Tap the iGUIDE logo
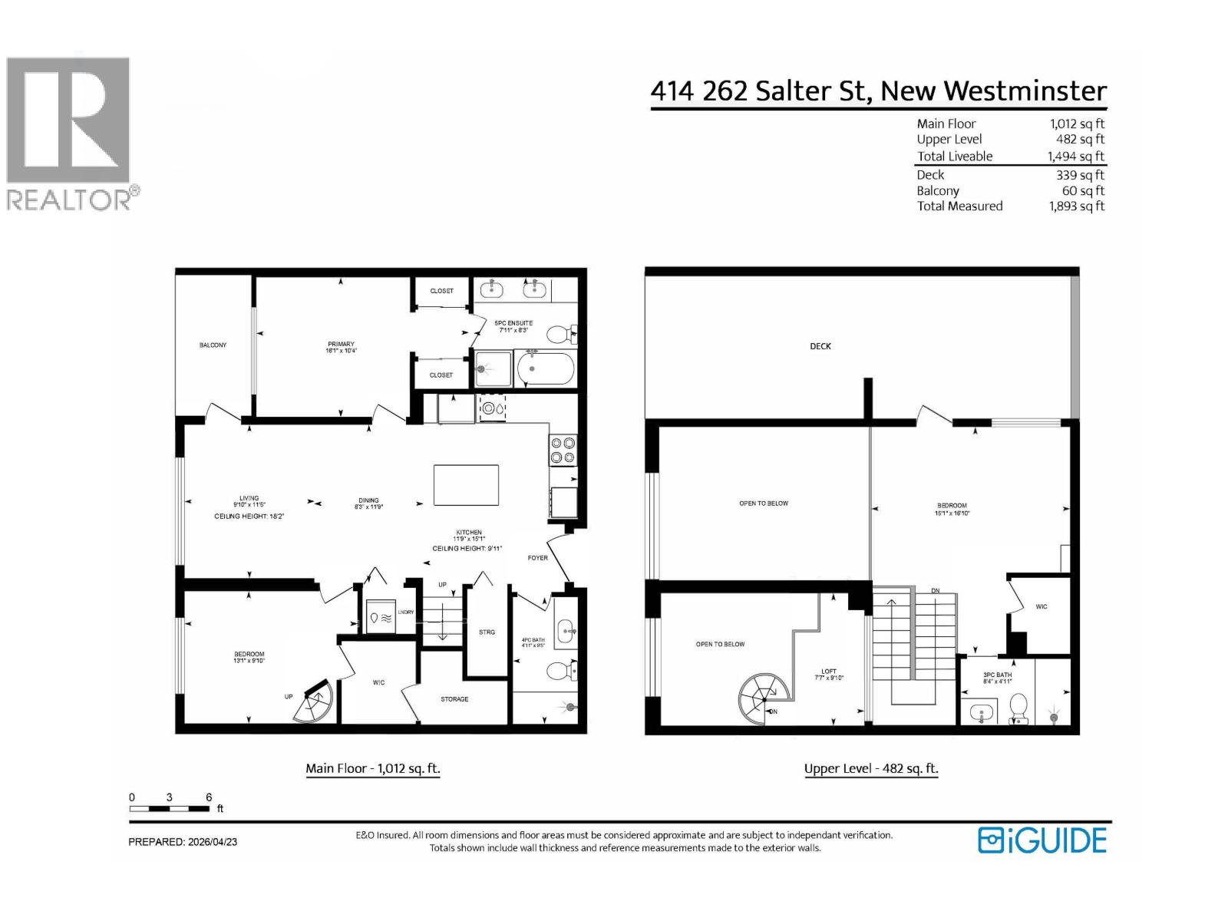(x=1041, y=840)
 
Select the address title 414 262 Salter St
(x=878, y=91)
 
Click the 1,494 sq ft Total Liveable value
(x=1076, y=157)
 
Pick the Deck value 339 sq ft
(x=1080, y=175)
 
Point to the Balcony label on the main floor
(x=213, y=345)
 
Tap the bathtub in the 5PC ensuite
(x=545, y=369)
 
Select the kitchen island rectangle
(x=466, y=485)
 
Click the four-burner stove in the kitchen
(x=563, y=450)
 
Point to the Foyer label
(x=537, y=558)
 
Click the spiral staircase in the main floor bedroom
(x=315, y=703)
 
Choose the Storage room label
(x=454, y=699)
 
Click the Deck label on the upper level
(x=820, y=346)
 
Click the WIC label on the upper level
(x=1041, y=607)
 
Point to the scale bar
(x=170, y=808)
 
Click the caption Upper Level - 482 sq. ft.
(x=871, y=768)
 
